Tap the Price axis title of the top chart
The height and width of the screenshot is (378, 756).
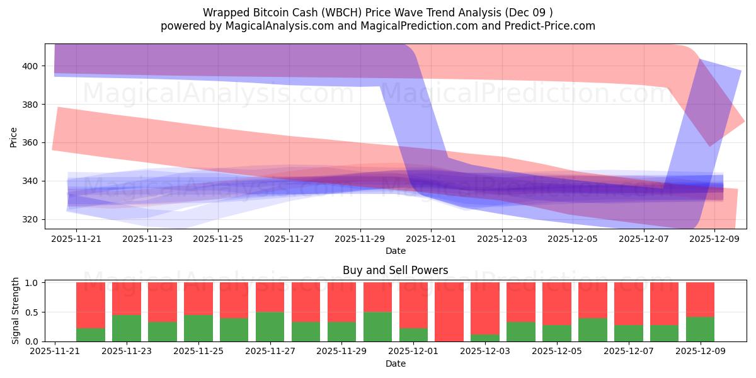click(14, 136)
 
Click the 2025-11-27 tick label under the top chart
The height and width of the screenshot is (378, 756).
click(289, 239)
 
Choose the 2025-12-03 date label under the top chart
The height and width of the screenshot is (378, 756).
click(502, 239)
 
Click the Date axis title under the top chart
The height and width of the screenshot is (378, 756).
click(396, 251)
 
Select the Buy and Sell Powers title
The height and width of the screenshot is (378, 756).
click(396, 270)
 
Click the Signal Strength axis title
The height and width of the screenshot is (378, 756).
click(16, 311)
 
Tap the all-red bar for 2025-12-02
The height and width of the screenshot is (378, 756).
click(449, 312)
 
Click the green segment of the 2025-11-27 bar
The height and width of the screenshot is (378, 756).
click(270, 326)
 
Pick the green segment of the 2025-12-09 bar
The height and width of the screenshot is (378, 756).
click(700, 329)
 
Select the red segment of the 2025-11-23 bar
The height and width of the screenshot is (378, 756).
click(126, 299)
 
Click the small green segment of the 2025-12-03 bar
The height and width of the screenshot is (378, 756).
click(485, 338)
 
